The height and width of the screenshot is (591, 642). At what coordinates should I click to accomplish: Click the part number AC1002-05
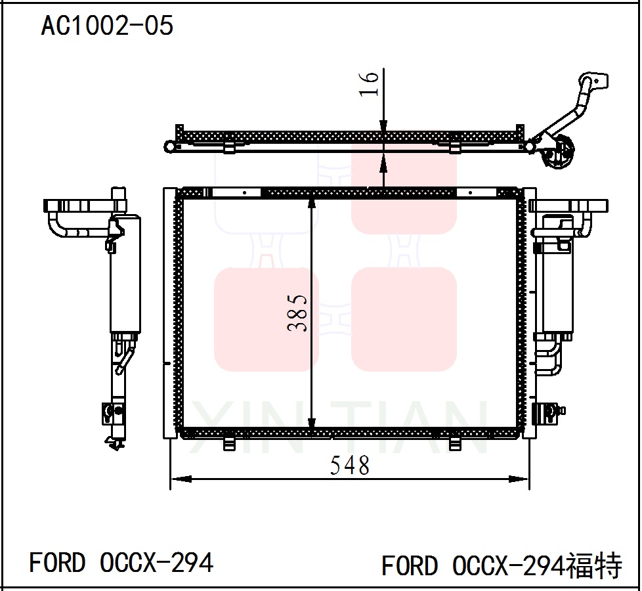(x=107, y=26)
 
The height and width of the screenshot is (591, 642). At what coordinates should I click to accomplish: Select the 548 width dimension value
(x=350, y=466)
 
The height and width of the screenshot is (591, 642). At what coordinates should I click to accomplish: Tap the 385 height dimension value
(x=299, y=312)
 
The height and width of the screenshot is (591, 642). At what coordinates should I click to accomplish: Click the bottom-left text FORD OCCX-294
(x=121, y=563)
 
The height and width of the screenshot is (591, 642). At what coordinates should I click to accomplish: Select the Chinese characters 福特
(x=594, y=565)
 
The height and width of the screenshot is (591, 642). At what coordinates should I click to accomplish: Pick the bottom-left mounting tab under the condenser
(x=229, y=445)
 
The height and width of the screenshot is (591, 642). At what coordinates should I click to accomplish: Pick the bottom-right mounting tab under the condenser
(x=455, y=445)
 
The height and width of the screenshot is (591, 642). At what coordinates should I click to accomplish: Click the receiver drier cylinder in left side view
(x=124, y=276)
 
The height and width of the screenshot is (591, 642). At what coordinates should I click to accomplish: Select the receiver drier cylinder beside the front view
(x=555, y=289)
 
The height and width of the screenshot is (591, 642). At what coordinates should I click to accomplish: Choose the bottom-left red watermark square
(x=267, y=319)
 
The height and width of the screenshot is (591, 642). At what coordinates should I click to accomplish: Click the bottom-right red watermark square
(x=404, y=319)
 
